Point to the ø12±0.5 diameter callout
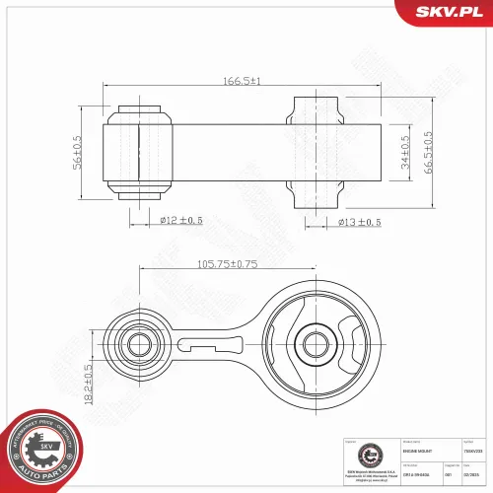180,220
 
